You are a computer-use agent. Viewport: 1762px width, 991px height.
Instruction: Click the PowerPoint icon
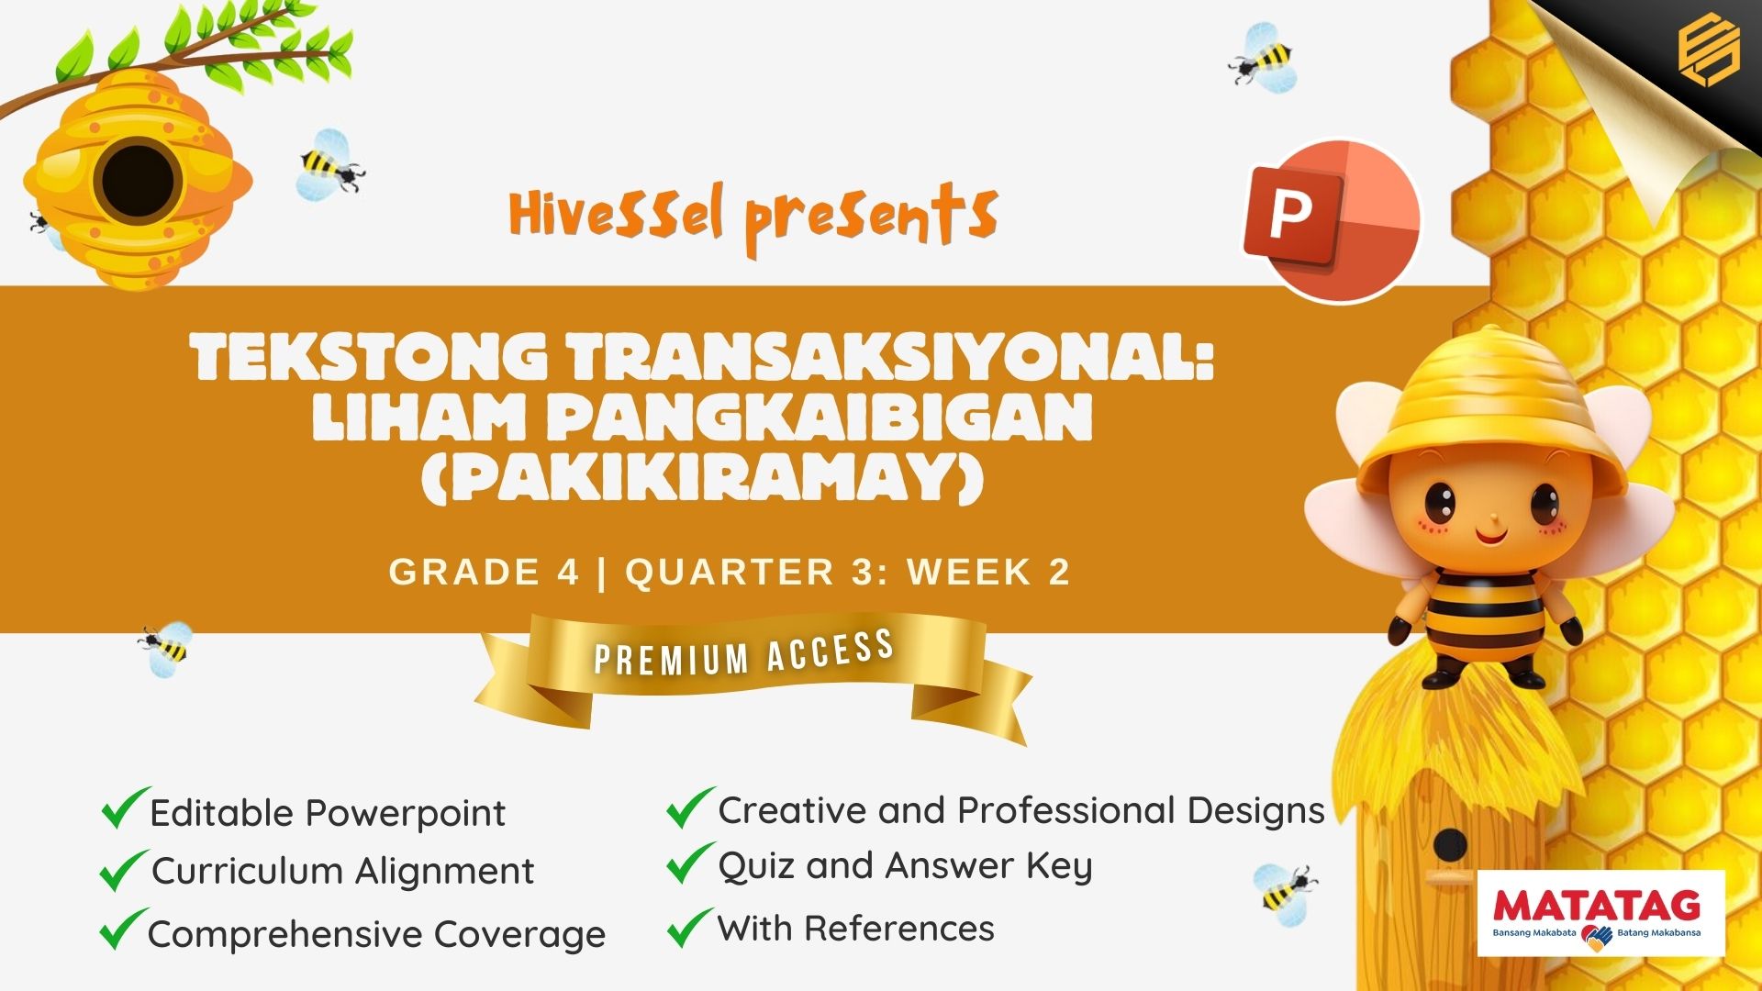(x=1332, y=220)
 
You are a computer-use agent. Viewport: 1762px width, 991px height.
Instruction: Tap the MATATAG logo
(x=1601, y=914)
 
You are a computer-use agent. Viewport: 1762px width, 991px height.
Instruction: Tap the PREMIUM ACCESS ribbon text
(x=744, y=652)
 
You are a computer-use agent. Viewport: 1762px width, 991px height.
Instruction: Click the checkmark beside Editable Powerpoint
(x=124, y=807)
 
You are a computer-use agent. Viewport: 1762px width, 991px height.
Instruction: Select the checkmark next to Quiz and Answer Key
(x=689, y=863)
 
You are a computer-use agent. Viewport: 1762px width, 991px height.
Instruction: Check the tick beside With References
(x=689, y=927)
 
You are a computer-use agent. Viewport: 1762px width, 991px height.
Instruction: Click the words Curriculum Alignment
(x=342, y=871)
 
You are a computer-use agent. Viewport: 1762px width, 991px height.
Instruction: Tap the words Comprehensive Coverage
(x=376, y=934)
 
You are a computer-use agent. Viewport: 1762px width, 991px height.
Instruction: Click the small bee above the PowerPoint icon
(x=1264, y=58)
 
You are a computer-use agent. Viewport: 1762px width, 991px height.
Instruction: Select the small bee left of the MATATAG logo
(x=1284, y=889)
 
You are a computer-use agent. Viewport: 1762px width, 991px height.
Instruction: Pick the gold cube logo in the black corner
(x=1708, y=52)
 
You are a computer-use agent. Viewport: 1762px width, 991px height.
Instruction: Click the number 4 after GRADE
(x=567, y=572)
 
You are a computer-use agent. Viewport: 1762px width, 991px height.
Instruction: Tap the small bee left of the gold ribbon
(x=166, y=649)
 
